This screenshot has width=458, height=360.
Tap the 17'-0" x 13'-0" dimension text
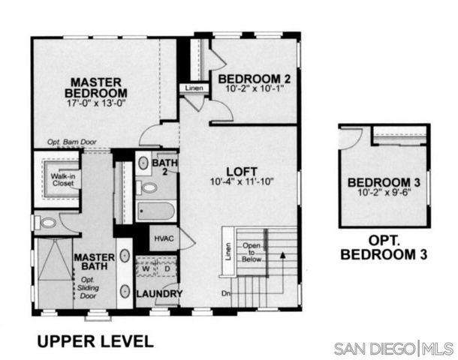pos(98,104)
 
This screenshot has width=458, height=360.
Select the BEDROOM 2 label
pos(255,78)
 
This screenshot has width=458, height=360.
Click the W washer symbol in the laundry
pos(146,268)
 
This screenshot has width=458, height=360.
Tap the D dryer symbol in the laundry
pos(167,268)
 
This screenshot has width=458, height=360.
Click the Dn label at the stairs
pos(224,293)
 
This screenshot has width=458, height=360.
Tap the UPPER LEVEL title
pos(95,340)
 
